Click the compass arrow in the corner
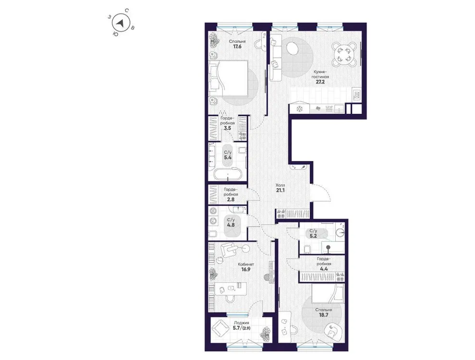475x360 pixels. point(122,22)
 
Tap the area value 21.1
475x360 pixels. point(280,191)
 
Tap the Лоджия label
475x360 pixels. point(241,323)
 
